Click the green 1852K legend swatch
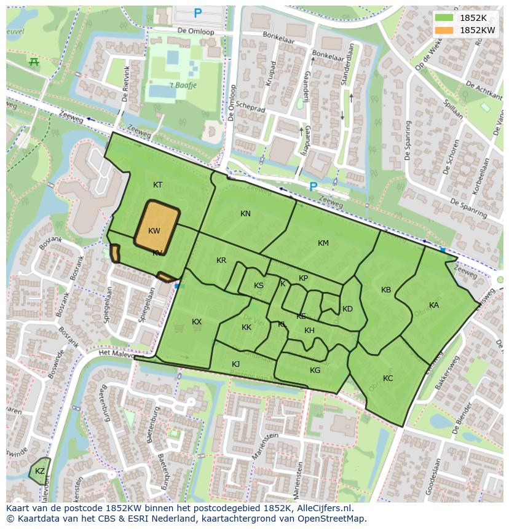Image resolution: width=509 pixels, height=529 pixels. [x=443, y=18]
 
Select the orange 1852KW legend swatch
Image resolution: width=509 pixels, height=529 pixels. [x=443, y=30]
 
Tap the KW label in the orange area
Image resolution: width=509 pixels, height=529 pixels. [x=154, y=231]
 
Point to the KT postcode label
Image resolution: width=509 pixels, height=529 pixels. [x=158, y=185]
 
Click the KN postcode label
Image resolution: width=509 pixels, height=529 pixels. [x=245, y=214]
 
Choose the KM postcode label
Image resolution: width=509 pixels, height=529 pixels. [x=323, y=243]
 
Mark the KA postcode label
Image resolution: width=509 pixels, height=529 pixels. [x=434, y=305]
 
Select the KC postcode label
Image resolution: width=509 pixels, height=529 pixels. [x=388, y=378]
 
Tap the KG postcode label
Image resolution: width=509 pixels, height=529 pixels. [x=315, y=370]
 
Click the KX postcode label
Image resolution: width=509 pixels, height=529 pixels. [x=197, y=322]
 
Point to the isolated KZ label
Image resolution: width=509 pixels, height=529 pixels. [x=40, y=471]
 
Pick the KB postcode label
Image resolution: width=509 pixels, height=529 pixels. [x=386, y=290]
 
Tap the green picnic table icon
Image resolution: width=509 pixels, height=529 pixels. [x=34, y=61]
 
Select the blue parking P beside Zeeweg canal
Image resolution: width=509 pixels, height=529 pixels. [x=314, y=186]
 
